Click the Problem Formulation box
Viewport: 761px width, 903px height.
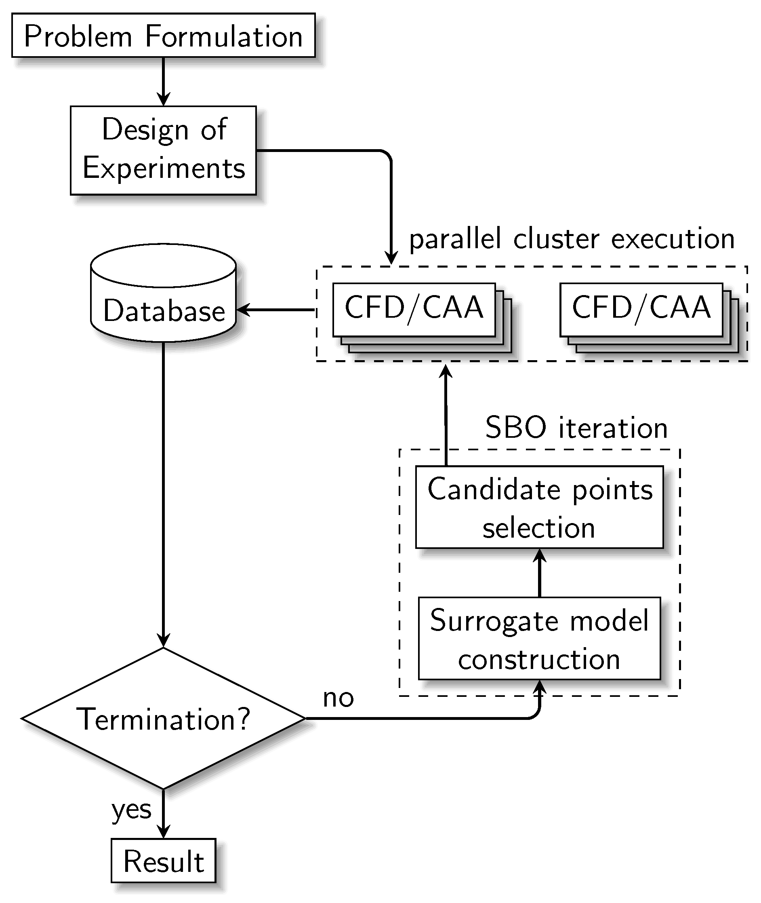pyautogui.click(x=164, y=35)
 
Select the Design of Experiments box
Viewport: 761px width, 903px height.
pyautogui.click(x=164, y=150)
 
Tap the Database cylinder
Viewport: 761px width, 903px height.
pyautogui.click(x=164, y=293)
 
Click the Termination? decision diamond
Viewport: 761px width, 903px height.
pyautogui.click(x=164, y=718)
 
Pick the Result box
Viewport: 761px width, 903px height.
pyautogui.click(x=164, y=861)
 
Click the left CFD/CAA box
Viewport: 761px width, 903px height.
pyautogui.click(x=414, y=310)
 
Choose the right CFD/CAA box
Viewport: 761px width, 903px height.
pyautogui.click(x=641, y=310)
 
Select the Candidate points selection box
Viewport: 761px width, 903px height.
pyautogui.click(x=540, y=507)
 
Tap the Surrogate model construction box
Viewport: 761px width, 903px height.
pyautogui.click(x=540, y=638)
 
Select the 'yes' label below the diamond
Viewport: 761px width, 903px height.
pyautogui.click(x=132, y=810)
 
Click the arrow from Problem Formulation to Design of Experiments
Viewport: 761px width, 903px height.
pyautogui.click(x=164, y=82)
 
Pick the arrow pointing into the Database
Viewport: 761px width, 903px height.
pyautogui.click(x=275, y=310)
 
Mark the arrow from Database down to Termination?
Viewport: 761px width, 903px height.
pyautogui.click(x=164, y=495)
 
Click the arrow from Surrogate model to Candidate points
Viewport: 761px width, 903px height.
pyautogui.click(x=540, y=573)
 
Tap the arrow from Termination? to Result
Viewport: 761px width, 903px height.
pyautogui.click(x=164, y=814)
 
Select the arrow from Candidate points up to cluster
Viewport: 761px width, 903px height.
pyautogui.click(x=446, y=415)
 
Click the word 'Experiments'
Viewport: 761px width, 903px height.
pyautogui.click(x=164, y=168)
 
